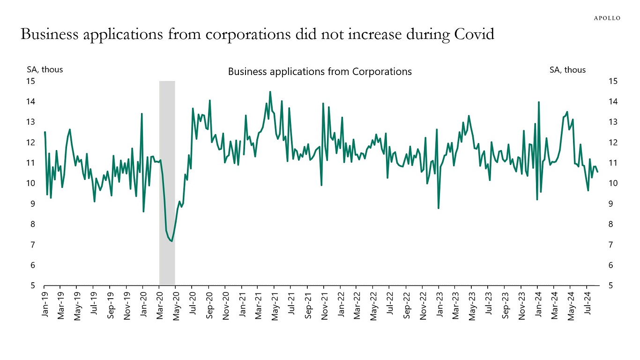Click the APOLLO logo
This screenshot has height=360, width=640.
coord(607,18)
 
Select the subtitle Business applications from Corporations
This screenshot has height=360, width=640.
coord(320,72)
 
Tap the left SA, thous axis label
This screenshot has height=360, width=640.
coord(45,69)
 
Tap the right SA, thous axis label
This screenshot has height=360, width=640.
coord(567,69)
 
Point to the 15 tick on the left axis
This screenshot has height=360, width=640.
coord(30,81)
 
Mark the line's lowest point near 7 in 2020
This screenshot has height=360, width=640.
coord(172,241)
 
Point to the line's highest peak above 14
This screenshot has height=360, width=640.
coord(270,92)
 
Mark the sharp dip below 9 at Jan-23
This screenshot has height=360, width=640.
coord(439,208)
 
